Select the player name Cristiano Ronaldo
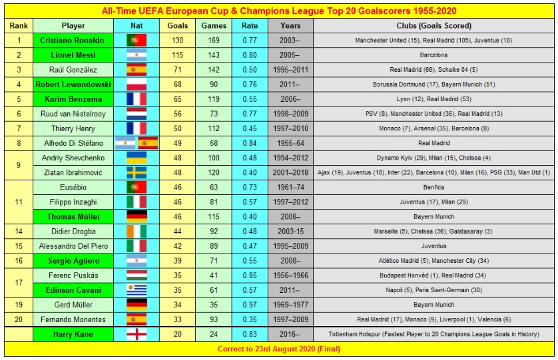[73, 40]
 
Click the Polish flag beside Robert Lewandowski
[136, 85]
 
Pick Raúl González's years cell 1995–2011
[290, 70]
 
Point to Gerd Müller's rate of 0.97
[250, 305]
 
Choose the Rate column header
[250, 25]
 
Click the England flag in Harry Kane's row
[136, 334]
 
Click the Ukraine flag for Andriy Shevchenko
[136, 158]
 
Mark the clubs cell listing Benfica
[433, 188]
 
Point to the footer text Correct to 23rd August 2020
[278, 348]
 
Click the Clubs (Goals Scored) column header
[433, 25]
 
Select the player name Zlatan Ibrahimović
[73, 172]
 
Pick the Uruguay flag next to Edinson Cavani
[136, 290]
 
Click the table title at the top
[278, 11]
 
